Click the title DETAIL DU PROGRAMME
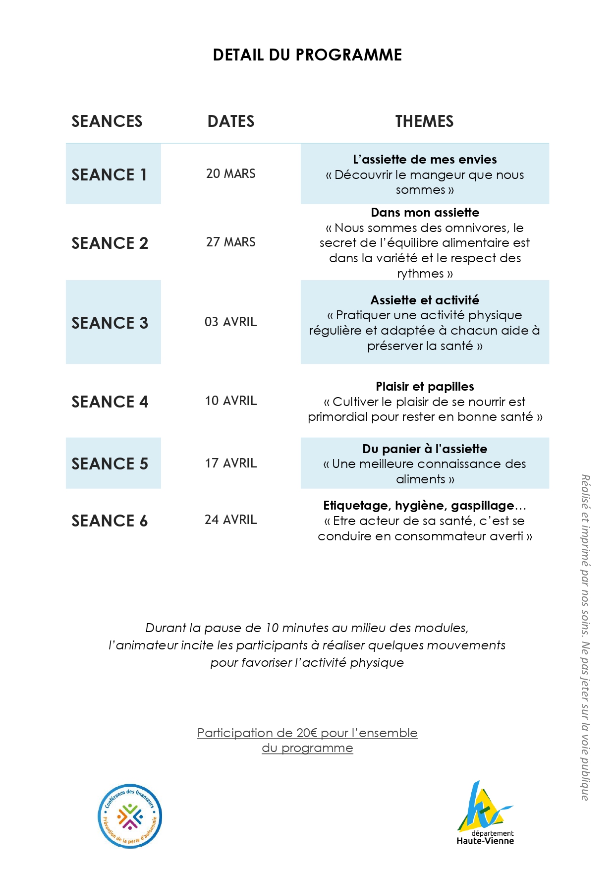tap(307, 55)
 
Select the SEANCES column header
tap(107, 121)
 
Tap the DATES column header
tap(231, 121)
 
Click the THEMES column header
tap(424, 121)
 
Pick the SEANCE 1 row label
tap(109, 174)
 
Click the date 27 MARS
tap(231, 242)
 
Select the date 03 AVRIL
tap(231, 322)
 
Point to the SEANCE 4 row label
tap(110, 402)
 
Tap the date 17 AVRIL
tap(231, 464)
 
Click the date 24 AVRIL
tap(231, 520)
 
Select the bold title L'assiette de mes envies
tap(425, 160)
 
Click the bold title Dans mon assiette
tap(425, 213)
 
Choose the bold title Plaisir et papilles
tap(425, 387)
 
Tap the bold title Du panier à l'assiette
tap(425, 449)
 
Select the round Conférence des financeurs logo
tap(130, 816)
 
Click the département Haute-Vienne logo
tap(485, 813)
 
